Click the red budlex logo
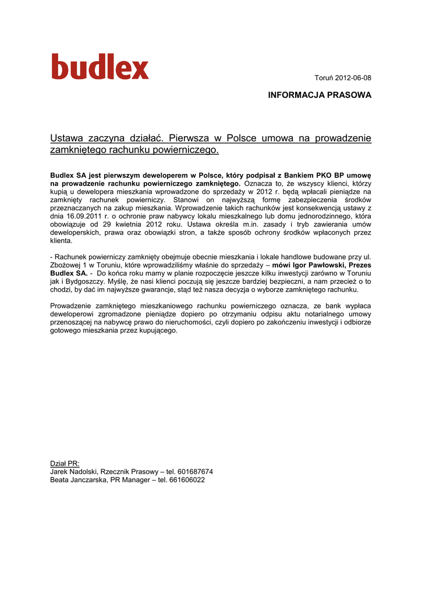click(x=100, y=67)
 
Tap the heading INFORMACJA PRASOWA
click(x=319, y=95)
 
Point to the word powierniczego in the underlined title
click(x=190, y=150)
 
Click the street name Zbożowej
click(x=66, y=265)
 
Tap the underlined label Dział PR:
click(x=65, y=463)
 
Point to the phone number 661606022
click(x=187, y=480)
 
